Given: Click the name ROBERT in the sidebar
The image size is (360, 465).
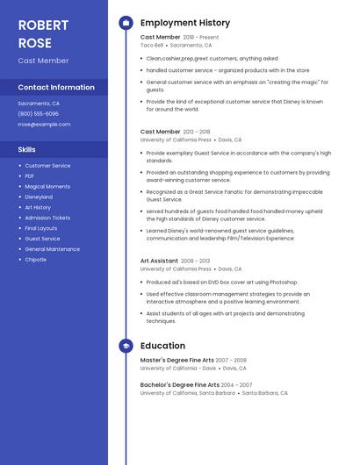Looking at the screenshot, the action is [x=43, y=25].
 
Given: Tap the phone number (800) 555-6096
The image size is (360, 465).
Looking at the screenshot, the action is [x=39, y=113].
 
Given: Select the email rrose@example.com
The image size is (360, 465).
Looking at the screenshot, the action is [x=44, y=124].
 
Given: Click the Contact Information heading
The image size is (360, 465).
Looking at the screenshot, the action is [x=56, y=87].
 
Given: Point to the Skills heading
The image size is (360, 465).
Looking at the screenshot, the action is [x=26, y=149].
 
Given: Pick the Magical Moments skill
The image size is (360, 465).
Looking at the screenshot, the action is [x=47, y=186].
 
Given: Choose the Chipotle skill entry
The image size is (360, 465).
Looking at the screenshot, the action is [x=36, y=260].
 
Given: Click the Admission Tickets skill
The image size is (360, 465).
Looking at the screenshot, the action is [x=47, y=218].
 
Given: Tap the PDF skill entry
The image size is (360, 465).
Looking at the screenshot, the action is [x=30, y=175].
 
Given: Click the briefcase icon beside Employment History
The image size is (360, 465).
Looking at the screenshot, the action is [x=126, y=23].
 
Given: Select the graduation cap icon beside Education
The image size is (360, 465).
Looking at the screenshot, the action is [x=126, y=346].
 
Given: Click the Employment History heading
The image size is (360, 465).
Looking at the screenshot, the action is [x=185, y=23].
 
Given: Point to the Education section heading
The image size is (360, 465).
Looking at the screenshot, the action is [x=162, y=346].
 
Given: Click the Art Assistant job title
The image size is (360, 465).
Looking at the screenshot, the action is [x=159, y=261].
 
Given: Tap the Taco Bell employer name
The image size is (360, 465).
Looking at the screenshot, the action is [x=151, y=45].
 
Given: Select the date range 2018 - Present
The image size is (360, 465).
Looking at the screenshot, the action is [x=201, y=38].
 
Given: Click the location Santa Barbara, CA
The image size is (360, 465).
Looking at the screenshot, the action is [x=265, y=393].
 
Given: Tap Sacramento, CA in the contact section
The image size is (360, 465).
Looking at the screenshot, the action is [x=40, y=103].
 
